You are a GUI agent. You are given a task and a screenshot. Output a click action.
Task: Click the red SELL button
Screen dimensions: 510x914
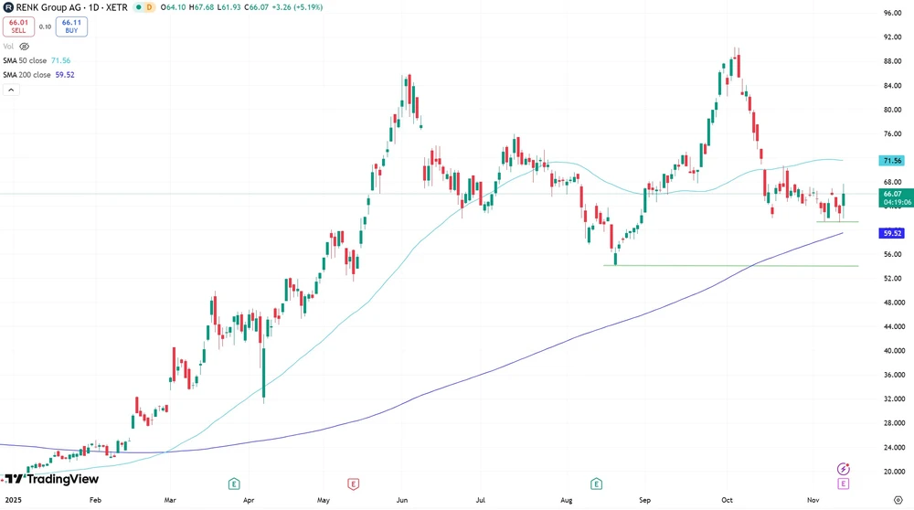click(x=18, y=27)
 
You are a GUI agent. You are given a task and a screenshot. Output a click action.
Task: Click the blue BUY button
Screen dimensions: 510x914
click(x=71, y=27)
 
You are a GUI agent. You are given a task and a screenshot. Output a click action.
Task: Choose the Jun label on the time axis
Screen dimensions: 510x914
click(x=403, y=501)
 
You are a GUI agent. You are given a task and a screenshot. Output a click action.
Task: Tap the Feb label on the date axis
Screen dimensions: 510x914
click(x=95, y=501)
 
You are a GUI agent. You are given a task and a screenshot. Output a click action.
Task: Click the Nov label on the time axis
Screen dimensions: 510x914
click(x=813, y=501)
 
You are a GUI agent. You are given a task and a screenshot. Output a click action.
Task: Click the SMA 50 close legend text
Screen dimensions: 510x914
click(x=25, y=60)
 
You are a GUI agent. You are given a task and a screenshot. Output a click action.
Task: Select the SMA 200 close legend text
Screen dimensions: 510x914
click(x=27, y=75)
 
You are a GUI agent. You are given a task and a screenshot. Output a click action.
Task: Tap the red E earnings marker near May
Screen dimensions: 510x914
click(x=353, y=483)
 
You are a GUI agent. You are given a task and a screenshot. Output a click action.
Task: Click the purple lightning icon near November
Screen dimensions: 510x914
click(x=844, y=469)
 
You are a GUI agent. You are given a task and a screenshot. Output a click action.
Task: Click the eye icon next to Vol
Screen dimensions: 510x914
click(x=25, y=46)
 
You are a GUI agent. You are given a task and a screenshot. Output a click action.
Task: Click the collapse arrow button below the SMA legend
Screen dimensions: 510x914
click(x=11, y=90)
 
